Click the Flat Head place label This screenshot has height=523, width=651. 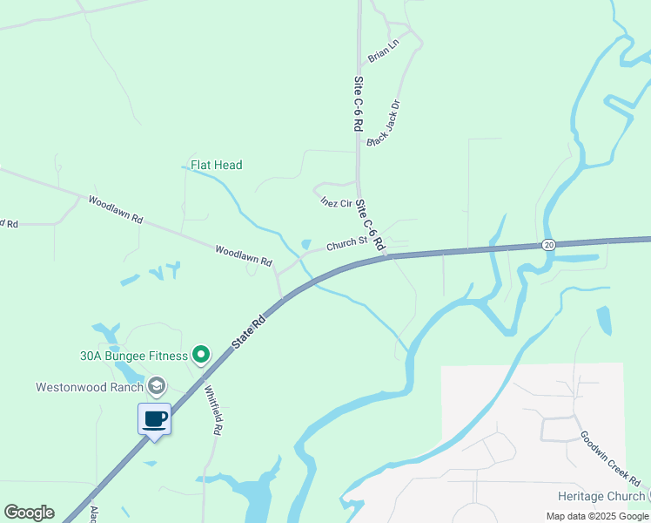point(217,165)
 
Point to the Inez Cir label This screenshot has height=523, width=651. point(335,203)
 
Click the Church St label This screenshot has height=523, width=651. point(345,245)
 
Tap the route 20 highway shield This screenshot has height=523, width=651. point(547,244)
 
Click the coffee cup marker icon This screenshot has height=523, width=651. point(155,419)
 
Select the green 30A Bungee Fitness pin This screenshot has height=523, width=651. point(201,354)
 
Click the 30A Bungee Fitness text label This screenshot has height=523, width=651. point(133,356)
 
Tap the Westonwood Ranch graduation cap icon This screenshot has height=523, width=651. point(157,385)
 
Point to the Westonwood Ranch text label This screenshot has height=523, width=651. point(88,386)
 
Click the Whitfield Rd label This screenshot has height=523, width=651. point(213,411)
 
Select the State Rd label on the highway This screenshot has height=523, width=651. point(249,333)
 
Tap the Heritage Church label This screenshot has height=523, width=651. point(601,495)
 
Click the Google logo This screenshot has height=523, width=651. point(29,513)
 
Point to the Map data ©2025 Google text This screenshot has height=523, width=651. point(597,516)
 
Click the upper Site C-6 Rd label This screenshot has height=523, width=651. point(358,103)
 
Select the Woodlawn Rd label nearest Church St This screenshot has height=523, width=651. point(244,256)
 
